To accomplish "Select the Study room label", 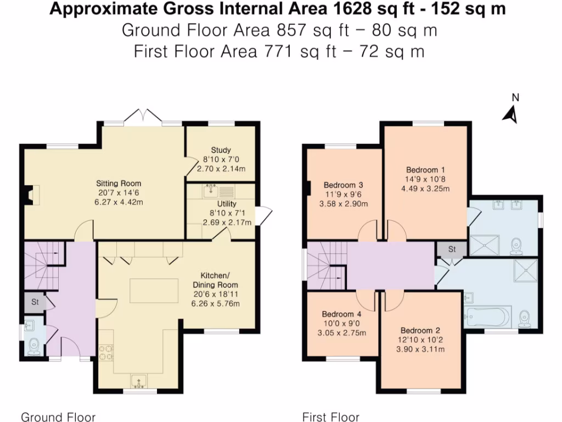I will point(221,149).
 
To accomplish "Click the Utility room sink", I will point(211,192).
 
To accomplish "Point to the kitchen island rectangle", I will point(154,290).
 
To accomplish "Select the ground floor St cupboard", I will point(35,302).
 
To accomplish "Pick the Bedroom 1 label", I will point(425,170).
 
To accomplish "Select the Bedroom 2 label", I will point(420,330).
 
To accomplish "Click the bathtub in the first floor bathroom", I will point(487,316).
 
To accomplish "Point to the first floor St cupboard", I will point(452,249).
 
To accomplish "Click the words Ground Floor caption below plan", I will point(58,417).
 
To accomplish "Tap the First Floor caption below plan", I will point(331,417).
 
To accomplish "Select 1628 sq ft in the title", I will point(368,10).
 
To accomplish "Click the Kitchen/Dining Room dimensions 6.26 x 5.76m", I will point(215,303).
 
